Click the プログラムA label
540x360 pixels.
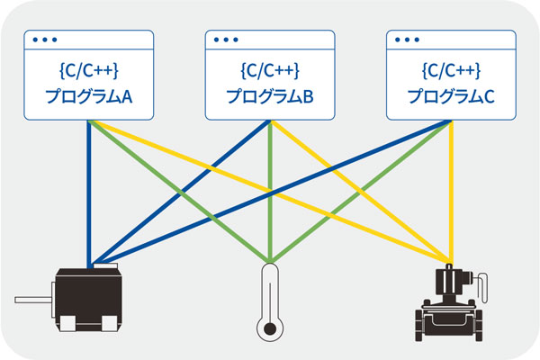coord(89,96)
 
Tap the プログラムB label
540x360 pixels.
coord(269,96)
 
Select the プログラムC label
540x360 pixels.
coord(449,96)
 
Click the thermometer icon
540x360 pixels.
coord(268,301)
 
